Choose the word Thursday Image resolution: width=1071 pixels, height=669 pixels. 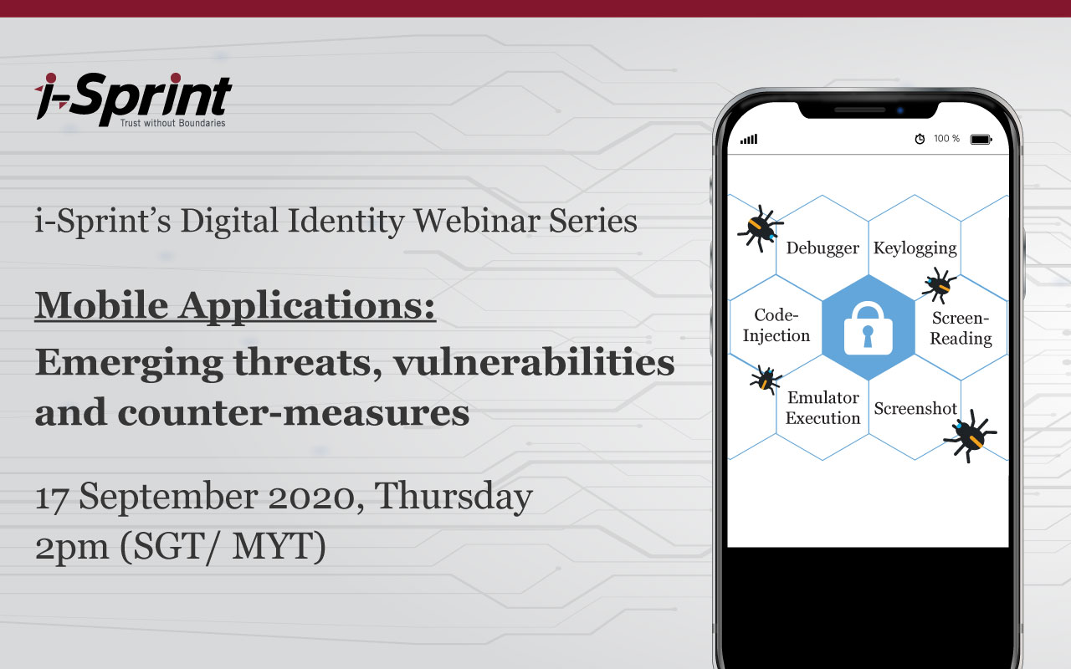click(x=453, y=497)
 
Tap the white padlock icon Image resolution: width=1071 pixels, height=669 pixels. click(x=868, y=327)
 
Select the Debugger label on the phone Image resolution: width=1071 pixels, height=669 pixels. click(x=822, y=248)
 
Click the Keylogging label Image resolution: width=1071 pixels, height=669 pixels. click(x=915, y=248)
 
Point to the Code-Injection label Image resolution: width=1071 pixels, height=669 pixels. click(x=776, y=325)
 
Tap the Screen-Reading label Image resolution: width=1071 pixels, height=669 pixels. click(x=961, y=329)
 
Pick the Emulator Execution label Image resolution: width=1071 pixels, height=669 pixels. click(x=823, y=408)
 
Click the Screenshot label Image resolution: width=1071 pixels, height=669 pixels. click(x=915, y=409)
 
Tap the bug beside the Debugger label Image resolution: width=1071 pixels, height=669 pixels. click(x=759, y=227)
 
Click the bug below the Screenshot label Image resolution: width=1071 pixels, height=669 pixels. click(x=969, y=435)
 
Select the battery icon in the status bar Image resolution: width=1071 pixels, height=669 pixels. click(x=981, y=140)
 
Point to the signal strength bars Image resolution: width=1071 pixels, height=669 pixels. click(x=748, y=140)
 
